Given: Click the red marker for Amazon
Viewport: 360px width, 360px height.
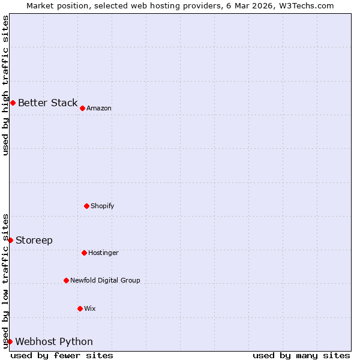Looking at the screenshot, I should [x=82, y=108].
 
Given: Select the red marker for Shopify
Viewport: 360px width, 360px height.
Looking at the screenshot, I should [x=86, y=206].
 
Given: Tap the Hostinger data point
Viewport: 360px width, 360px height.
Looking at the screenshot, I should [x=84, y=253].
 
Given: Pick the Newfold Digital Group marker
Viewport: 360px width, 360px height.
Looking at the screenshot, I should [x=66, y=280].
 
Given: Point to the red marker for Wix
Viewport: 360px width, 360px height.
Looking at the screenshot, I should [x=80, y=308].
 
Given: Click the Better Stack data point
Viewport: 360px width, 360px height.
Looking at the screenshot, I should [x=13, y=103].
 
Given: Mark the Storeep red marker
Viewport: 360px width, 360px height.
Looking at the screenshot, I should [x=10, y=240].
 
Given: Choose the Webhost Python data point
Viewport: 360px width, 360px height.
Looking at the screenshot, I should [x=10, y=341].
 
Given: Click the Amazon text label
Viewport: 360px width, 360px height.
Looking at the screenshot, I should [x=99, y=109].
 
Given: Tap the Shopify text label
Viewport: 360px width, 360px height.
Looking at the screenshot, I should [x=103, y=206].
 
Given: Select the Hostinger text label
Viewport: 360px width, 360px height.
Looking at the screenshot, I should [x=103, y=253].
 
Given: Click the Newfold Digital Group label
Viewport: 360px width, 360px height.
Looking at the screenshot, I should [x=105, y=281].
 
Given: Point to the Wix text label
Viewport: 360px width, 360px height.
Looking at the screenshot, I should [x=90, y=309].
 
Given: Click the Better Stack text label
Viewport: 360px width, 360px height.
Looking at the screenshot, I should [x=47, y=103].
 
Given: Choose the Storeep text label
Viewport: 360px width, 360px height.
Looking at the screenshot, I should [x=34, y=240].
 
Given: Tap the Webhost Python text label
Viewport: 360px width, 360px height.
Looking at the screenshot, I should [x=54, y=341].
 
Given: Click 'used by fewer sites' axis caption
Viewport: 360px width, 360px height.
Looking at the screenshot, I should [x=62, y=355].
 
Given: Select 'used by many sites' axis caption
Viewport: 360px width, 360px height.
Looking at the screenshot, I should [x=301, y=355].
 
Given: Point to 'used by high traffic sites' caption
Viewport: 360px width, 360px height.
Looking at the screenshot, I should [x=5, y=85].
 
